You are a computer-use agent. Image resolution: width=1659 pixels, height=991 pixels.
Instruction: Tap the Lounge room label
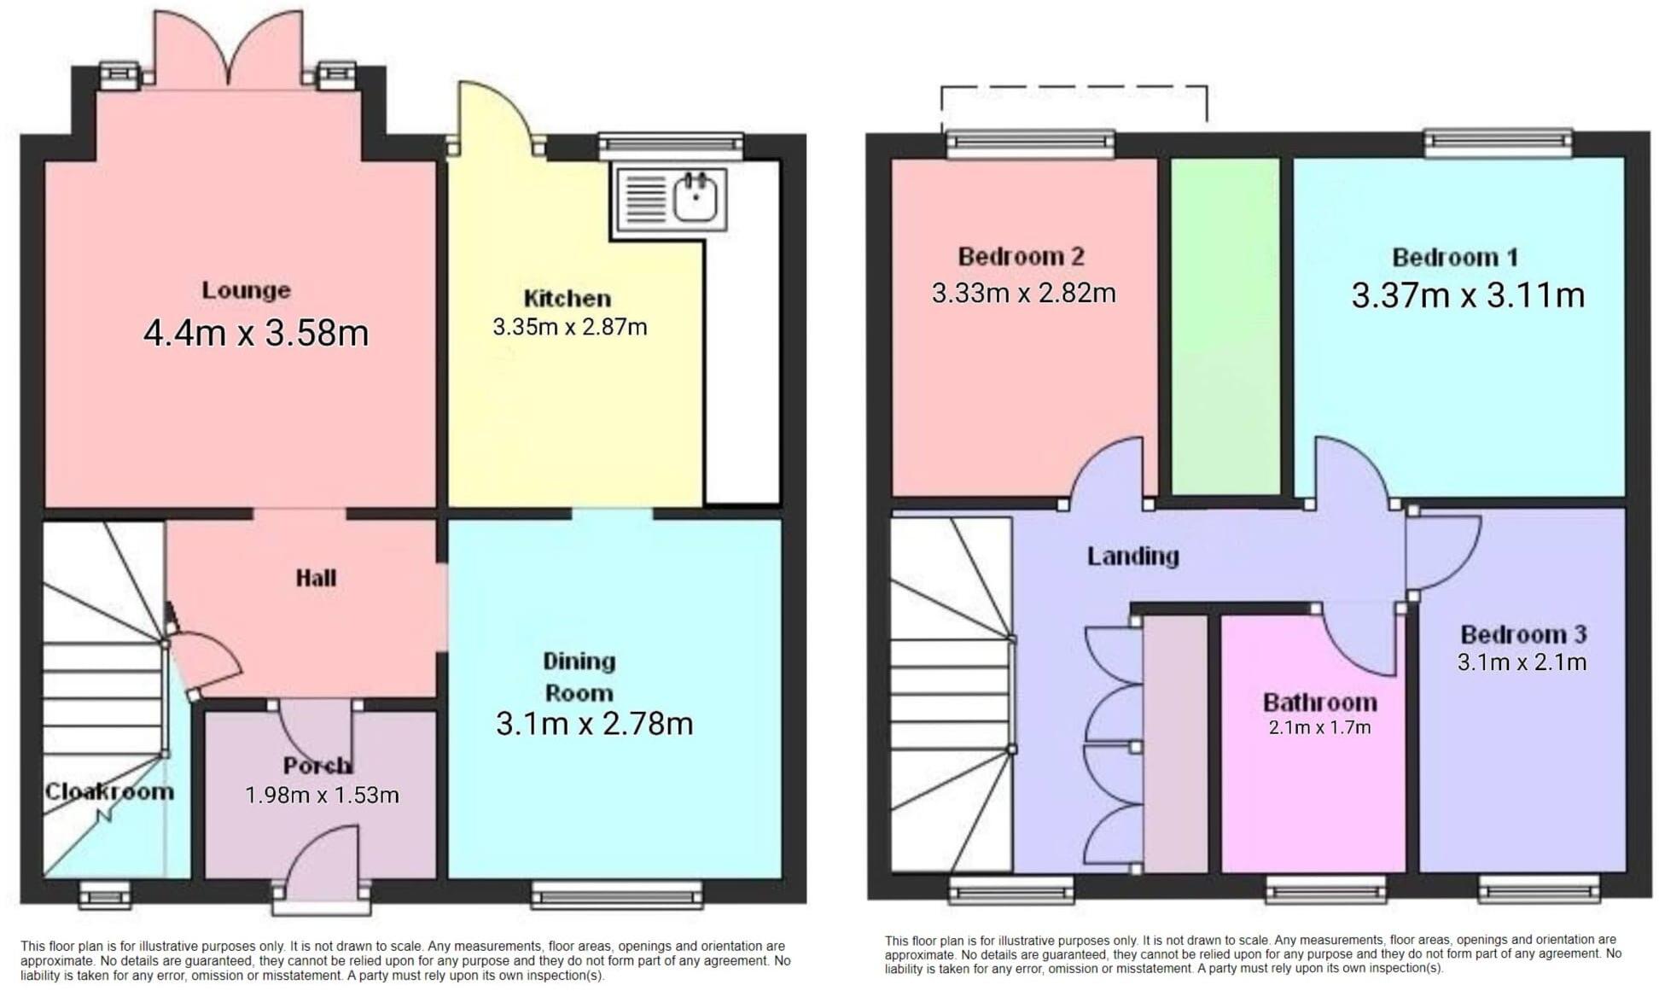pos(246,290)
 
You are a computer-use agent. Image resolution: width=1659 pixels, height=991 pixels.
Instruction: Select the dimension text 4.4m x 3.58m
pos(255,333)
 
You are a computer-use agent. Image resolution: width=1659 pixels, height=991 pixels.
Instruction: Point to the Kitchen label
pos(567,299)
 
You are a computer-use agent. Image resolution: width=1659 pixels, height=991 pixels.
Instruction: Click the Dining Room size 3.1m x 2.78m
pos(594,724)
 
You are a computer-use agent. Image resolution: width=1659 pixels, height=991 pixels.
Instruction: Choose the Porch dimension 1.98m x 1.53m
pos(322,796)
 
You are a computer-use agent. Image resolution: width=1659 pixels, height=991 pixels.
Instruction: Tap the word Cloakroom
pos(108,791)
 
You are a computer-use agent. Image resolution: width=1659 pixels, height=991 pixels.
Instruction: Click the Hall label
pos(316,578)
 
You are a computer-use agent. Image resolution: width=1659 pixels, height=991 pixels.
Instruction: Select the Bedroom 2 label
pos(1021,256)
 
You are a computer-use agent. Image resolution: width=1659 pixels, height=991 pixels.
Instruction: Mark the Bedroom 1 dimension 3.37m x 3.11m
pos(1468,295)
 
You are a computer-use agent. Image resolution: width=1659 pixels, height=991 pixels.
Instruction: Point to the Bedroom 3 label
pos(1522,634)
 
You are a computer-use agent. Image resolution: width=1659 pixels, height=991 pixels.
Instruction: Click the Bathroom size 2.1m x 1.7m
pos(1319,728)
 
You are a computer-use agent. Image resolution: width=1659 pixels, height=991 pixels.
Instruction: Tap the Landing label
pos(1132,557)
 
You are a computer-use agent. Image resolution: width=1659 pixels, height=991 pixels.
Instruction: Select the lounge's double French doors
pos(228,51)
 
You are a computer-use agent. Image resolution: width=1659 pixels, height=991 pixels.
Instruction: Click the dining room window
pos(617,895)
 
